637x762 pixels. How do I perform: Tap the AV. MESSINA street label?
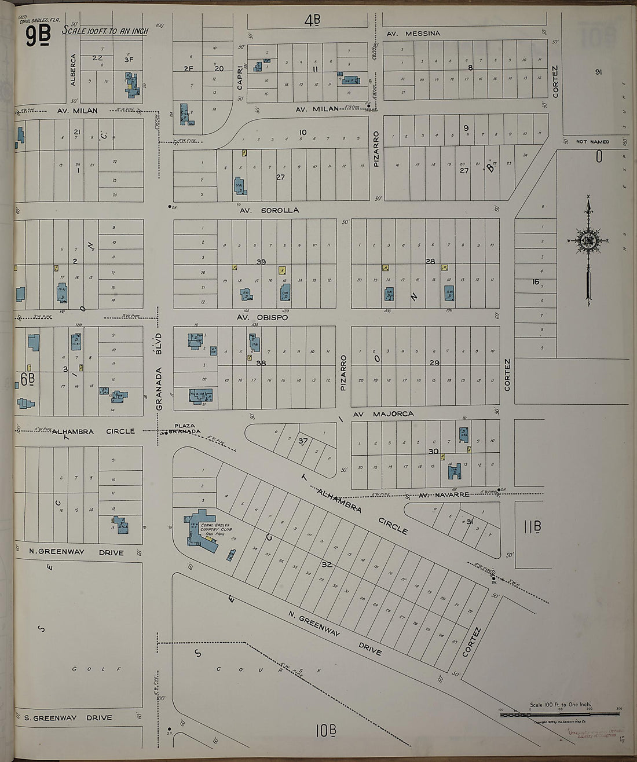[x=413, y=34]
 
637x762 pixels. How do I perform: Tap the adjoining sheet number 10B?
[x=326, y=731]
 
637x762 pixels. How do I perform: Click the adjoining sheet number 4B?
[x=312, y=21]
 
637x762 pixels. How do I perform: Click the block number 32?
[x=327, y=563]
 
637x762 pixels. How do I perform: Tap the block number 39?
[x=261, y=262]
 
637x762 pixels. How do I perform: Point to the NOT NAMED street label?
[x=592, y=142]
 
